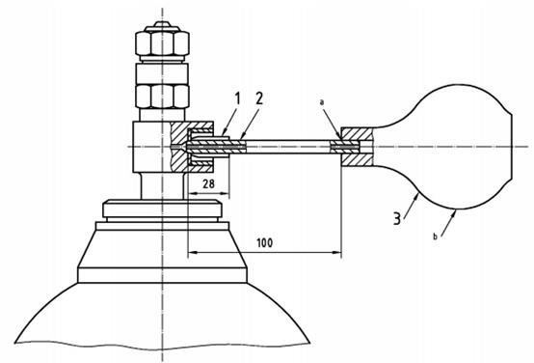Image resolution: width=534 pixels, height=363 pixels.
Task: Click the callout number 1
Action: [237, 98]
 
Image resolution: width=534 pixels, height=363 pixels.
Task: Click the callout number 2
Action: [259, 98]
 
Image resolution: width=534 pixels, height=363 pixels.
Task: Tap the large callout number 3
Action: [397, 218]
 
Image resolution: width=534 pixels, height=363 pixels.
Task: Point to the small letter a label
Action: [322, 102]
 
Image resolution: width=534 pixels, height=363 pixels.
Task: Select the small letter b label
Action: [435, 237]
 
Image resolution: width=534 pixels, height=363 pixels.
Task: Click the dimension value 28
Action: [209, 184]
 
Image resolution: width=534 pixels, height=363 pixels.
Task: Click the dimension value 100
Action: [265, 243]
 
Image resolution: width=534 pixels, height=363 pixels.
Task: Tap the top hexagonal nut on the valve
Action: [162, 43]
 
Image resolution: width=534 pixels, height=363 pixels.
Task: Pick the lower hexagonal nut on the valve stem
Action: [162, 97]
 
